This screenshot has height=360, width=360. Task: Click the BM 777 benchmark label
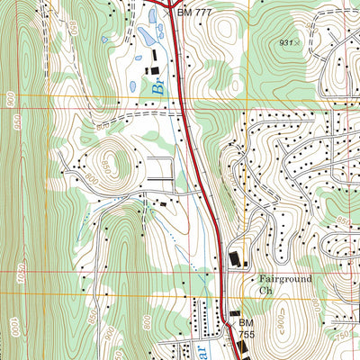(195, 12)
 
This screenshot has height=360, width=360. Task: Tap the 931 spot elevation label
(286, 42)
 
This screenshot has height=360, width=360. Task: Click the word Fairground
(285, 279)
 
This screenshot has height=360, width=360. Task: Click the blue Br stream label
(158, 87)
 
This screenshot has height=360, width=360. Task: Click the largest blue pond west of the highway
(147, 37)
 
